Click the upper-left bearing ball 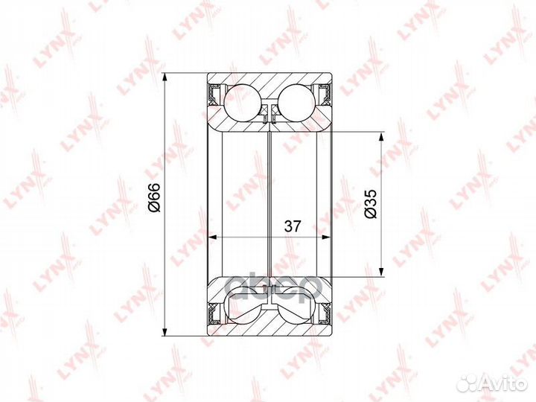(x=241, y=101)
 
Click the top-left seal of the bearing (x=214, y=94)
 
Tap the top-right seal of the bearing (x=325, y=94)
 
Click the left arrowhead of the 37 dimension (x=212, y=237)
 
